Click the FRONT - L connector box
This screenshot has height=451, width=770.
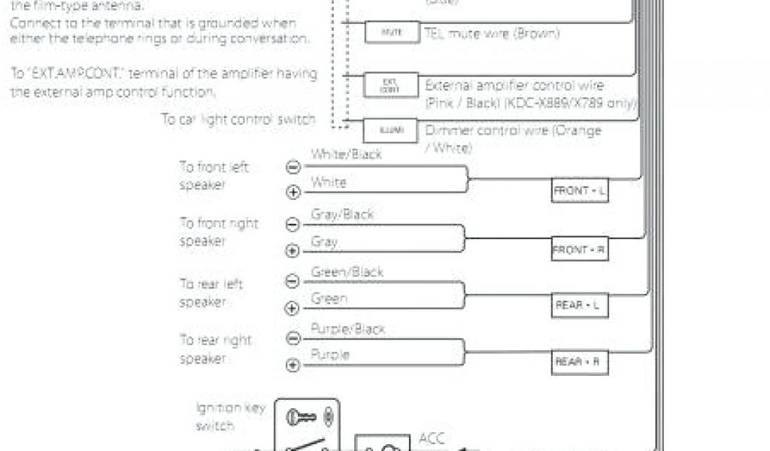(x=580, y=191)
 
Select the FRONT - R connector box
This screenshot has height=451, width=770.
(x=580, y=249)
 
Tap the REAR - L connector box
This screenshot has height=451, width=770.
(x=580, y=305)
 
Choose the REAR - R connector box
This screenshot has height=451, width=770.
(x=580, y=362)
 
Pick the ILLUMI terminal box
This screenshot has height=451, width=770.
(x=390, y=131)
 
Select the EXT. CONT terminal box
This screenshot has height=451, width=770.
(x=390, y=85)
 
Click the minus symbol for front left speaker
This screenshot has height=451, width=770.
(x=293, y=168)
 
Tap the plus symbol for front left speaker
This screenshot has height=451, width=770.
(x=293, y=192)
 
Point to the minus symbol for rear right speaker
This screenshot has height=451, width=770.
(x=293, y=338)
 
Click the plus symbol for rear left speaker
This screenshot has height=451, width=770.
(x=293, y=308)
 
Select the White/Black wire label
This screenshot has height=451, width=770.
(x=347, y=155)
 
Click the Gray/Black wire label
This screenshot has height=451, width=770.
(x=342, y=214)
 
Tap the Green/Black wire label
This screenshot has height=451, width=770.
(x=347, y=271)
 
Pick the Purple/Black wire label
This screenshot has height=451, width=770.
(x=347, y=329)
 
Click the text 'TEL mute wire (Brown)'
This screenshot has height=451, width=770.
(x=492, y=34)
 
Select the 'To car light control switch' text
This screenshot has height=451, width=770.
(x=238, y=120)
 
